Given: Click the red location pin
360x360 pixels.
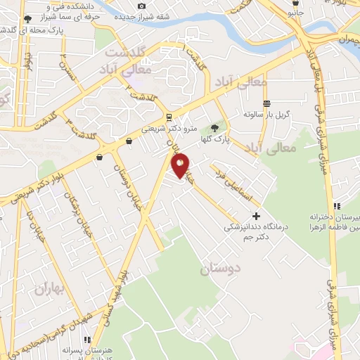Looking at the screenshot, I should coord(181,165).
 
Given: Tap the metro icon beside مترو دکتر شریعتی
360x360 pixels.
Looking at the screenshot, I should coord(169,117).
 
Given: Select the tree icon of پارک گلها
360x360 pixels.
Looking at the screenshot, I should coord(214,129).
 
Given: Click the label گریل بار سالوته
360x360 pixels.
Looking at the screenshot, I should coord(267,114).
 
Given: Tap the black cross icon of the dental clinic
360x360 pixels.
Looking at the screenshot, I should coord(256,216).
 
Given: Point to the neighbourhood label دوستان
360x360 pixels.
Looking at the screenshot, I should coord(220,268).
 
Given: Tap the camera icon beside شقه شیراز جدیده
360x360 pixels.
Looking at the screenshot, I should coord(141,6).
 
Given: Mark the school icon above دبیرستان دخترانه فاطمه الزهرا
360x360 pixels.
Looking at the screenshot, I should coord(337,205).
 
